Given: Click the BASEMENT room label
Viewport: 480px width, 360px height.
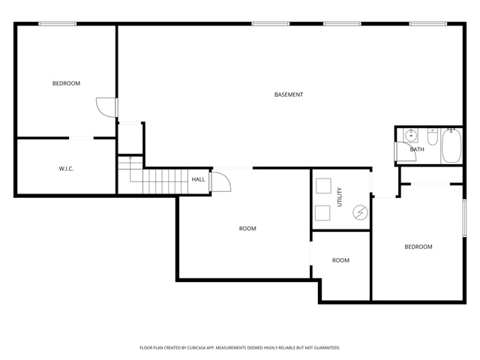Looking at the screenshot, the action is (289, 94).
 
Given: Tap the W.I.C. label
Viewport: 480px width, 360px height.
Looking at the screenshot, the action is (66, 169).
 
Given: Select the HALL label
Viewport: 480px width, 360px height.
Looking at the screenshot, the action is (198, 179).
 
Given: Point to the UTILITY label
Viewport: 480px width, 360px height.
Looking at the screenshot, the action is (340, 196).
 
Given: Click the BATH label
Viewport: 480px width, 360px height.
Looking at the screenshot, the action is (417, 149).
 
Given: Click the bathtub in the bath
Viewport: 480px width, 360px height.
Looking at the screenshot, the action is (451, 145).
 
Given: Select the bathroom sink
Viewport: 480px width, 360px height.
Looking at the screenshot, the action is (411, 135).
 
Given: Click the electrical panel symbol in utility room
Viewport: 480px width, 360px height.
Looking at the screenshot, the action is (360, 212).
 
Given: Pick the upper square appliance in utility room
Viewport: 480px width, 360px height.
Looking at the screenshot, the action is (323, 186).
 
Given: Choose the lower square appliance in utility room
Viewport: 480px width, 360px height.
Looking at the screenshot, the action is (322, 213).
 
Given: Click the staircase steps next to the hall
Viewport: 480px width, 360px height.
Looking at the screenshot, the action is (165, 181).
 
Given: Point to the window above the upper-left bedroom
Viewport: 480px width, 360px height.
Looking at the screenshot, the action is (57, 23).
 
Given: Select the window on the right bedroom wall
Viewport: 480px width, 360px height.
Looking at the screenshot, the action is (464, 217).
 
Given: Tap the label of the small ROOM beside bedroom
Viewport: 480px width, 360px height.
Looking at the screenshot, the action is (340, 260).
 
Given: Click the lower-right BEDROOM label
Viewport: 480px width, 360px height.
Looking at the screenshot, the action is (418, 247).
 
